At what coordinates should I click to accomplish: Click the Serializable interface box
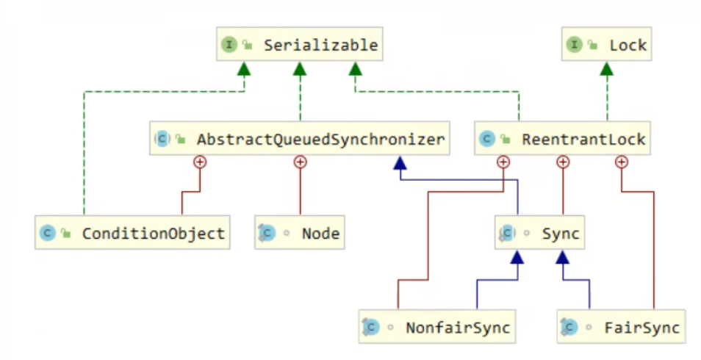300,44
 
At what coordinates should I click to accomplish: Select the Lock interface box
607,44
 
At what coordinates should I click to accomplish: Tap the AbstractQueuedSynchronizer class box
300,138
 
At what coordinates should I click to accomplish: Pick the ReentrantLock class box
562,138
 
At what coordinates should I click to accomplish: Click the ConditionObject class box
132,232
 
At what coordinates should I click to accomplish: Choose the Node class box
300,232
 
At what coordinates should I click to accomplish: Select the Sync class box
539,232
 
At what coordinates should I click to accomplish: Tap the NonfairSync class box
437,326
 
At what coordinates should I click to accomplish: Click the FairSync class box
622,326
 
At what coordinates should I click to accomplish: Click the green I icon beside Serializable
229,44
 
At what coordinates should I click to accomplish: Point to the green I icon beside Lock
575,44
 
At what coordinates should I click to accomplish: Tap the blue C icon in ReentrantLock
487,139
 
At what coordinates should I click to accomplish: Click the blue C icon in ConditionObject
47,233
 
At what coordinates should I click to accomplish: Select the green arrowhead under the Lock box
607,68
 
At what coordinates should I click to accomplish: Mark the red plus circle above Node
300,162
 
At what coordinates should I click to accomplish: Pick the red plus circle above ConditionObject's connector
200,162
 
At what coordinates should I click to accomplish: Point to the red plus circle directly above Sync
563,162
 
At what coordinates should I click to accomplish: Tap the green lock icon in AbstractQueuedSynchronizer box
181,139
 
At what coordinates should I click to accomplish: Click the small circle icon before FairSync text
589,328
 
